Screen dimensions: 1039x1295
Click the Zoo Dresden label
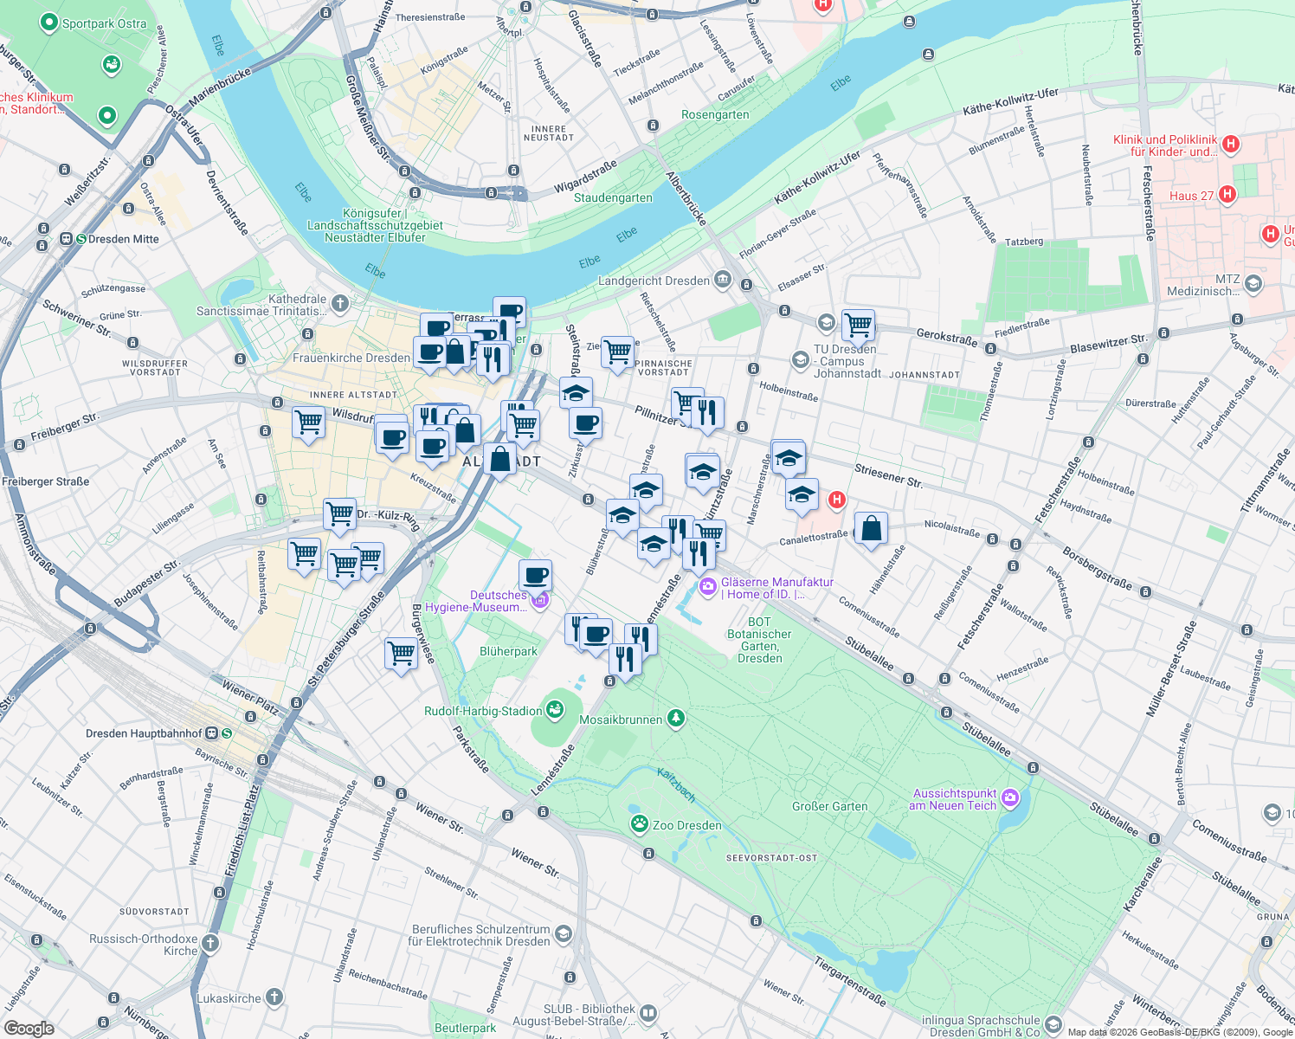[x=686, y=825]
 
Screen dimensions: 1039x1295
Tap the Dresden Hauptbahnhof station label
[x=144, y=733]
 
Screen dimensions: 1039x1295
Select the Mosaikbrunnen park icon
[x=676, y=719]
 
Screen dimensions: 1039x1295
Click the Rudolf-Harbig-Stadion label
[x=483, y=711]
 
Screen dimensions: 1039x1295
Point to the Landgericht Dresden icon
[x=723, y=280]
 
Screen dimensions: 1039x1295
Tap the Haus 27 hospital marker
[x=1227, y=195]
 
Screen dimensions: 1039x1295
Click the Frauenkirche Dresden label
[x=351, y=358]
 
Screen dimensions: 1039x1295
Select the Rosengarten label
[x=715, y=114]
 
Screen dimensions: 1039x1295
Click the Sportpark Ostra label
[x=104, y=23]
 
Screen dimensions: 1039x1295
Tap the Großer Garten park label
[x=829, y=806]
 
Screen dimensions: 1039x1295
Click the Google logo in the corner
[x=29, y=1028]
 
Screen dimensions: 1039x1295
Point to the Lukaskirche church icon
[x=274, y=997]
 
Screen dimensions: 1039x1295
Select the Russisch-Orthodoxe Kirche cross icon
[x=210, y=942]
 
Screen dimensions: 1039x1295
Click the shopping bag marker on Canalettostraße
[x=872, y=528]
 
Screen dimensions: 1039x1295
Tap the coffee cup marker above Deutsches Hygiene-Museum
[x=536, y=575]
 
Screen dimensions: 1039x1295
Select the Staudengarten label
[x=613, y=197]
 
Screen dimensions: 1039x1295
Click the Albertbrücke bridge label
[x=686, y=198]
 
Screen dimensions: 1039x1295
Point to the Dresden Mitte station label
[x=124, y=239]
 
